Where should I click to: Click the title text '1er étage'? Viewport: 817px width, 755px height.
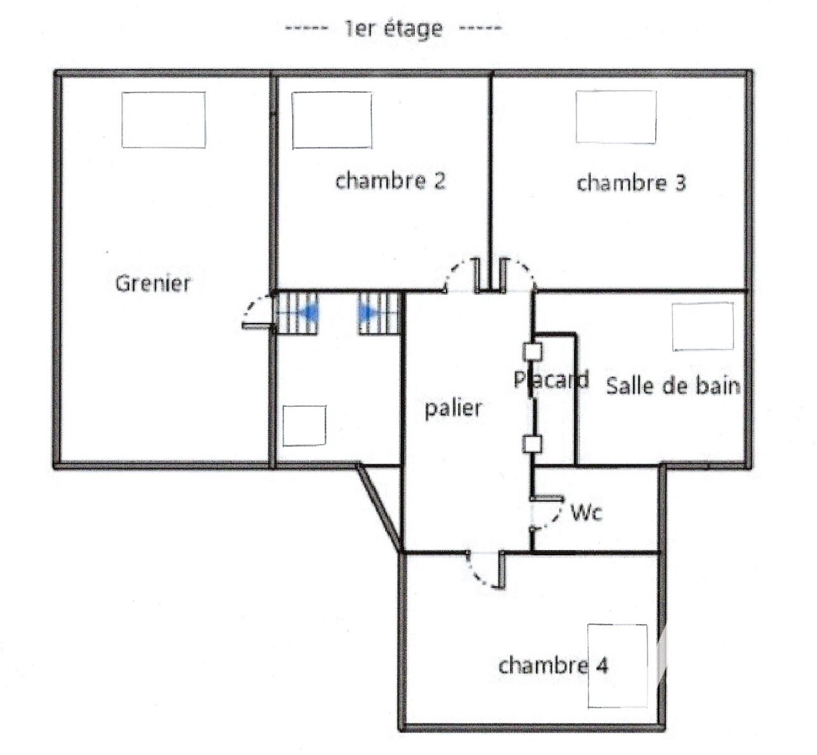click(394, 29)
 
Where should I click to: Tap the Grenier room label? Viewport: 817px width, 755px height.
click(153, 283)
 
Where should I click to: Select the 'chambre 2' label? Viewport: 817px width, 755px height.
click(390, 180)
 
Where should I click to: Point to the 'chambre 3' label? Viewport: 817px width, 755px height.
click(631, 183)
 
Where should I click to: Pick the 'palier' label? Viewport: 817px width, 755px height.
click(454, 409)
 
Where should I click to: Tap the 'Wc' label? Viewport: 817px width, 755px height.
click(586, 513)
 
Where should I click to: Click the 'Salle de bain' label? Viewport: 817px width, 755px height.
click(673, 386)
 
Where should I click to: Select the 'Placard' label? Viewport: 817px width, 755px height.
click(551, 379)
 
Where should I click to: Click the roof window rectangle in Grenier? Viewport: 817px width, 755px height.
click(163, 120)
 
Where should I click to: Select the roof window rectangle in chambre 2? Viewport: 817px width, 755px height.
click(332, 120)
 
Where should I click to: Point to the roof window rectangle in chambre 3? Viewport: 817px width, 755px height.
click(616, 117)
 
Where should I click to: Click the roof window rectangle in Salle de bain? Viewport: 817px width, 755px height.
click(703, 327)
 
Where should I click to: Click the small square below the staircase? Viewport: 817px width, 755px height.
click(304, 425)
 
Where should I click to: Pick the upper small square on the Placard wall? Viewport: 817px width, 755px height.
click(532, 352)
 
